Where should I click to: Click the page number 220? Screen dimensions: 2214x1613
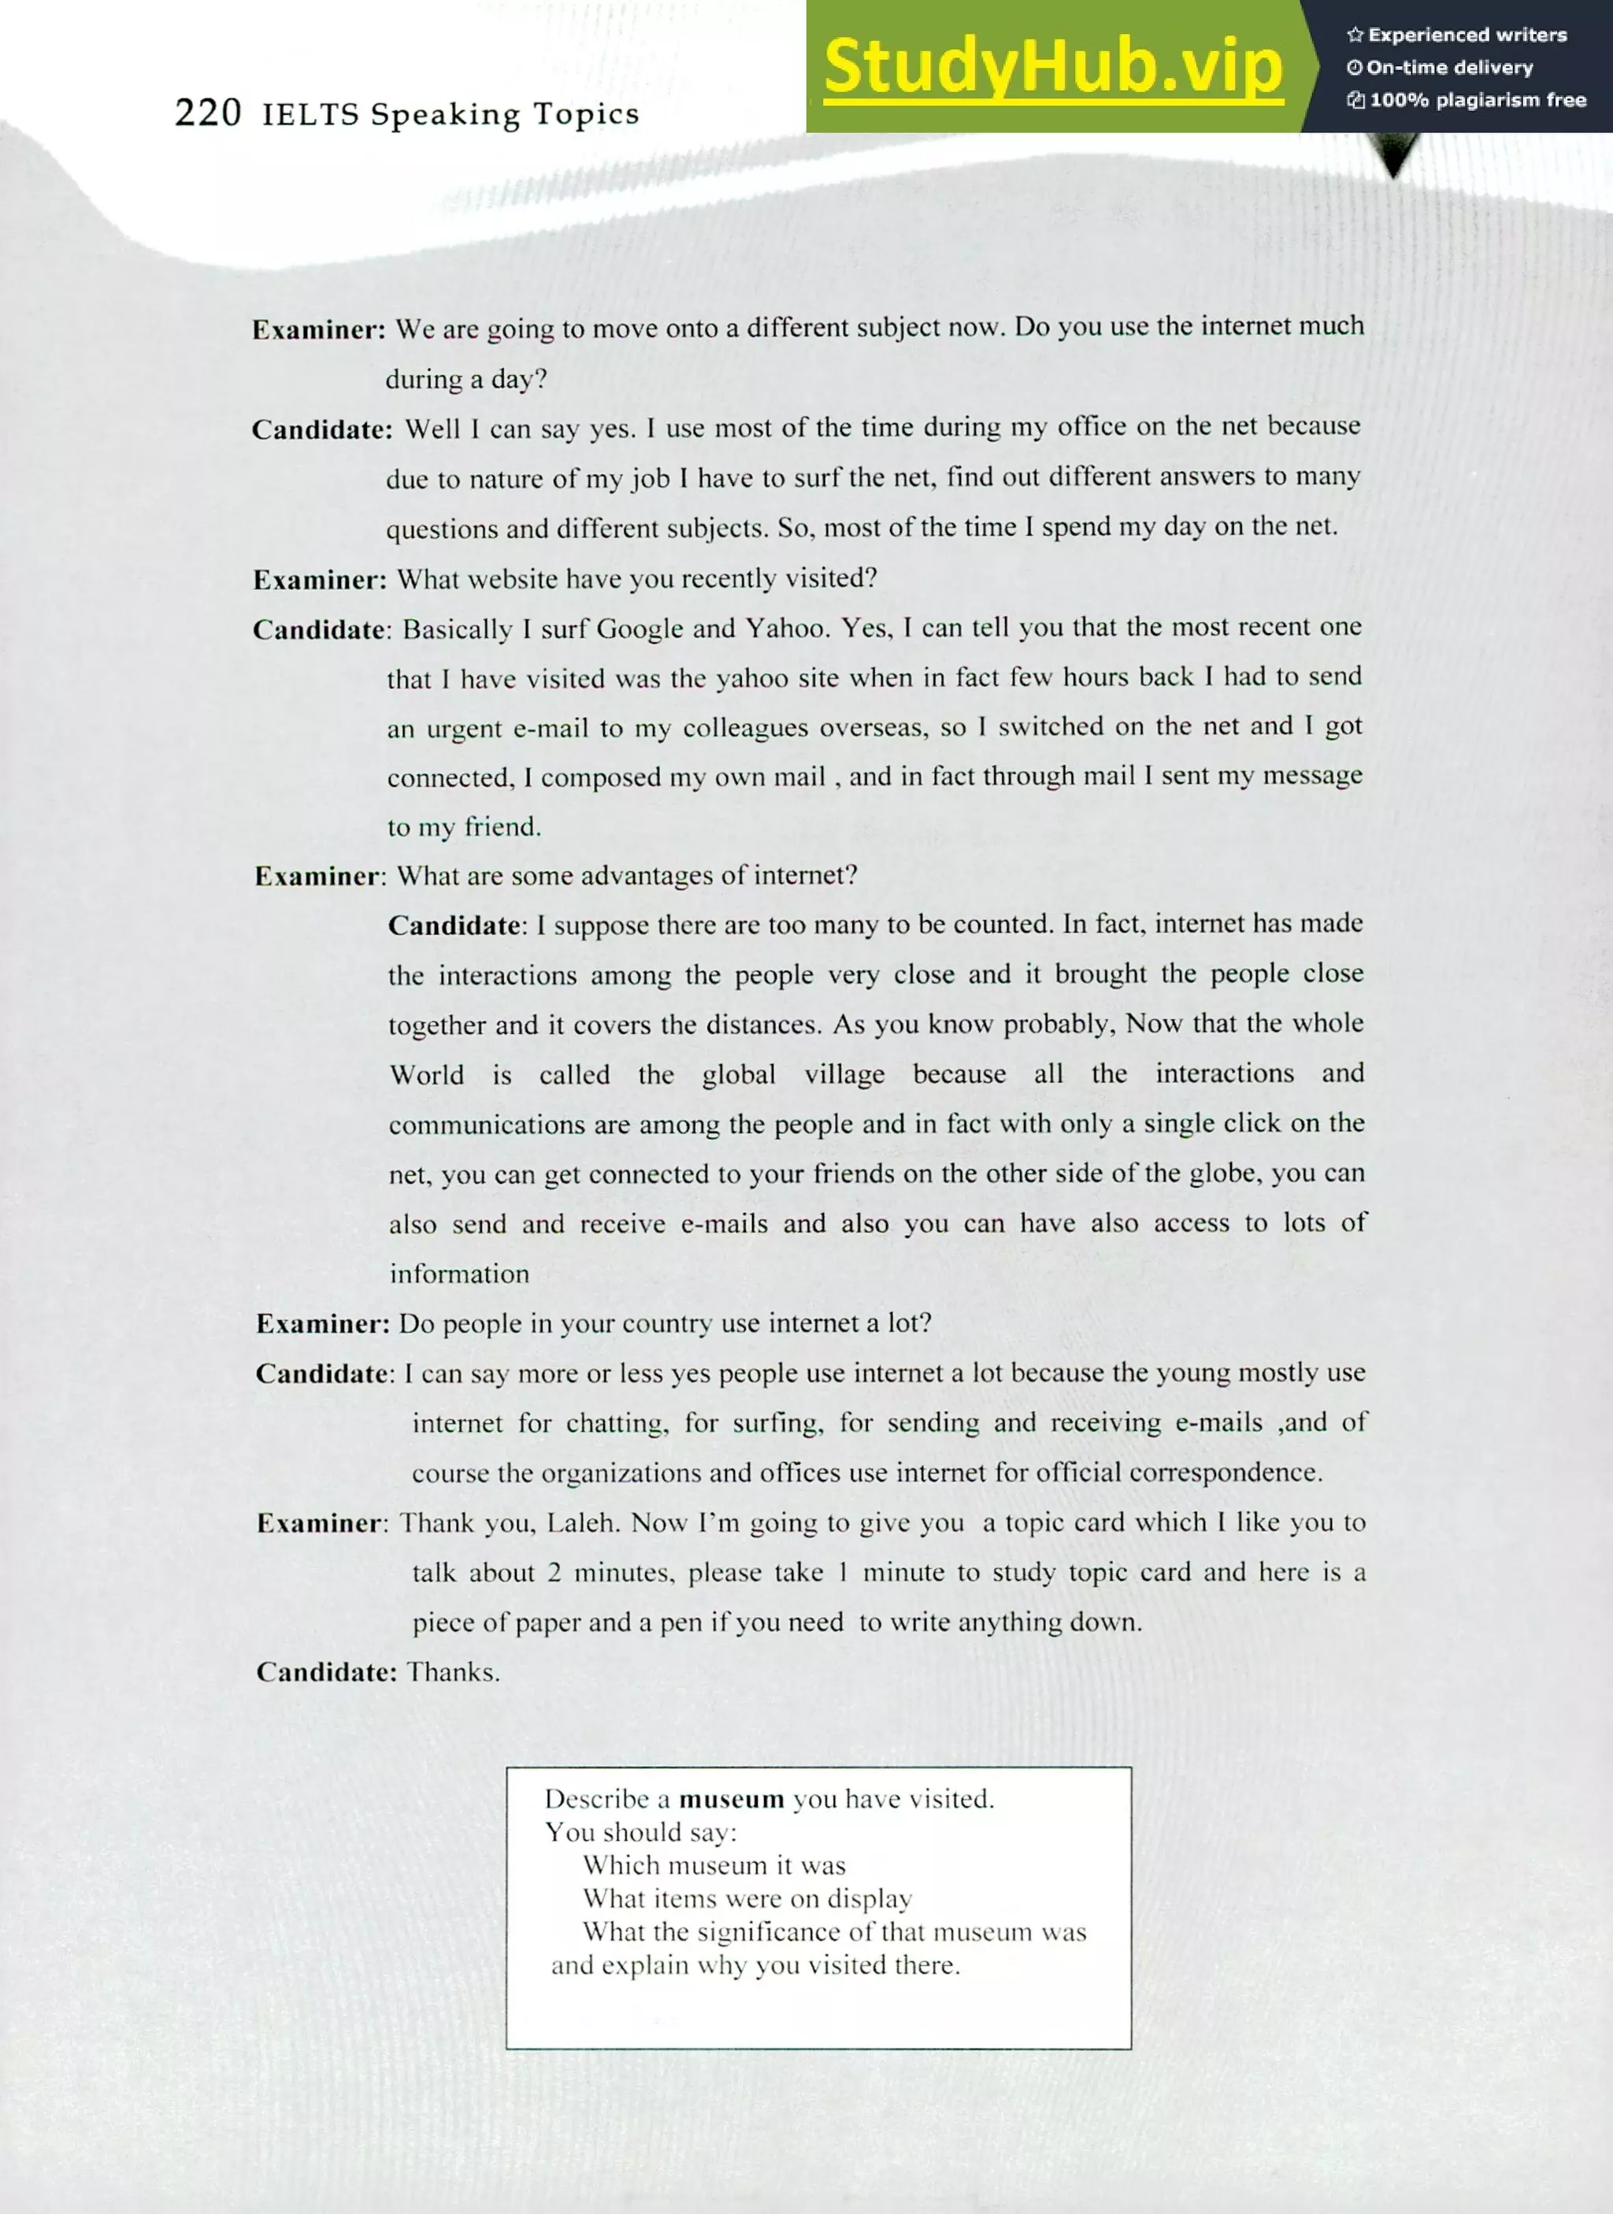tap(208, 113)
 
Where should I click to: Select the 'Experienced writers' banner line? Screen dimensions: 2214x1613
tap(1457, 35)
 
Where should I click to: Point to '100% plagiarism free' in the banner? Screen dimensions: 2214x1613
tap(1467, 99)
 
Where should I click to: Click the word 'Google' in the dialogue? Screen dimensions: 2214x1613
tap(640, 629)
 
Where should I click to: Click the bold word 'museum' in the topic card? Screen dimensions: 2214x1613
tap(732, 1799)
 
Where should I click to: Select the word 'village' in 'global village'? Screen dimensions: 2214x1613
tap(844, 1075)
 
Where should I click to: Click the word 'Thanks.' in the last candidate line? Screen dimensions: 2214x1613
tap(453, 1672)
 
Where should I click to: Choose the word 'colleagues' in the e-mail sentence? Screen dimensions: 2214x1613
tap(746, 729)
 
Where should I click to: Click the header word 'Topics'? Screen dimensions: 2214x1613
tap(586, 115)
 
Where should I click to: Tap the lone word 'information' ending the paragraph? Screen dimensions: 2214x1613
tap(459, 1274)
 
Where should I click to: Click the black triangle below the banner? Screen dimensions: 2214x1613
tap(1394, 156)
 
